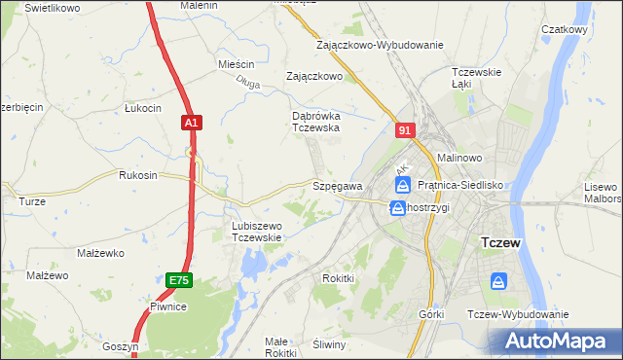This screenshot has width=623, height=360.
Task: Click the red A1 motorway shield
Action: click(191, 123)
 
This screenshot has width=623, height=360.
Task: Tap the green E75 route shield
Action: click(177, 280)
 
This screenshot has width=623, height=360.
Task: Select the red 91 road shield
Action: click(407, 129)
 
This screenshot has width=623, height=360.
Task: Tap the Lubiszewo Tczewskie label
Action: click(256, 232)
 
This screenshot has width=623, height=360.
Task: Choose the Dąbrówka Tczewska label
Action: click(315, 121)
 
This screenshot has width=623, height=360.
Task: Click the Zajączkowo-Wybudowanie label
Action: click(380, 45)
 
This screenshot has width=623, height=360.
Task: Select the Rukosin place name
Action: click(137, 176)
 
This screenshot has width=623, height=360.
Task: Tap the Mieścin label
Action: click(236, 64)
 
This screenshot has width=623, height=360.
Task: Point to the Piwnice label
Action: click(167, 306)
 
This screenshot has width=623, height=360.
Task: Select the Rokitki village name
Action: click(338, 278)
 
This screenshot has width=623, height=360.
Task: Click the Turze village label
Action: click(32, 201)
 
